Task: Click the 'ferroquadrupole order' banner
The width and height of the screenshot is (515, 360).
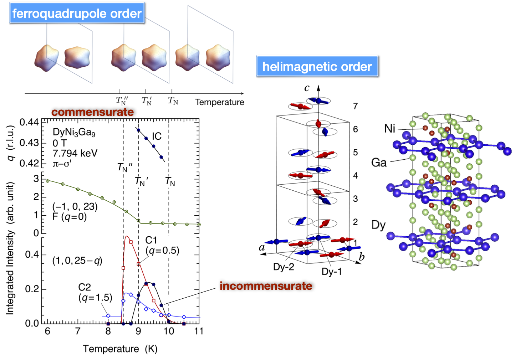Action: coord(77,14)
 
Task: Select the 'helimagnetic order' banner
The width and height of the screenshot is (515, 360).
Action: coord(317,67)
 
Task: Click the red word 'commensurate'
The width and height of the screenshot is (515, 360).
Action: coord(92,112)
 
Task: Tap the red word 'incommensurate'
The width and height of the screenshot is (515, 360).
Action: coord(266,286)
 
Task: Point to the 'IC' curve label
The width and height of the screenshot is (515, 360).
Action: coord(157,136)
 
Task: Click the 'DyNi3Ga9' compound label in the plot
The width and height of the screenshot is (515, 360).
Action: coord(74,132)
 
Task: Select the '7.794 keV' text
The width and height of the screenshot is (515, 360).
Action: coord(75,153)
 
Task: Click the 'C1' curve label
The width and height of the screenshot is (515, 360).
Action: coord(151,240)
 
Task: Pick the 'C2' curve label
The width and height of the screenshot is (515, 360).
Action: coord(85,287)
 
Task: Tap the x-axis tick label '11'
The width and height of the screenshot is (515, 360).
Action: coord(199,331)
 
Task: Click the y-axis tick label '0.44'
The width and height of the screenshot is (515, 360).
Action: coord(29,123)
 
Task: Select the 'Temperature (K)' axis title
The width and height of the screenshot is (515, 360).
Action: coord(120,349)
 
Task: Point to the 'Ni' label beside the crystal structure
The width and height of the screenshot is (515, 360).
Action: coord(389,128)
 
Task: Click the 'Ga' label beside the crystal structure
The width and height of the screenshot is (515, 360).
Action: coord(379,163)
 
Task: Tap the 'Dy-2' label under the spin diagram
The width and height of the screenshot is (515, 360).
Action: coord(284,267)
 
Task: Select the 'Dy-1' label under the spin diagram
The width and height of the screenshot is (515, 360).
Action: coord(331,272)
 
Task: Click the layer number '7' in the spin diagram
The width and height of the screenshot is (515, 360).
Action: coord(355,106)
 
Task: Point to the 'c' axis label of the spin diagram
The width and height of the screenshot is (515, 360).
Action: coord(307,88)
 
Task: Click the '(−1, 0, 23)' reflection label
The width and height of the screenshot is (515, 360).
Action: coord(75,206)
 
